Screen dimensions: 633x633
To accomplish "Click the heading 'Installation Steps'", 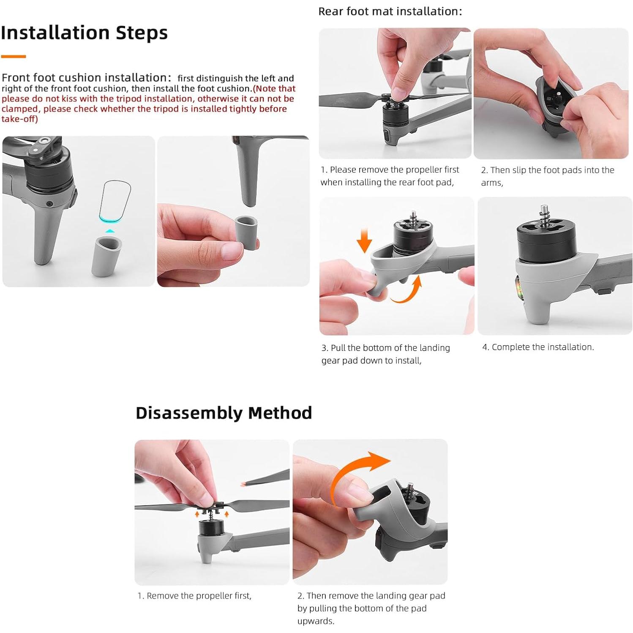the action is (x=85, y=33).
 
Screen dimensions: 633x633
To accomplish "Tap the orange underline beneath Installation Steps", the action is (x=13, y=56).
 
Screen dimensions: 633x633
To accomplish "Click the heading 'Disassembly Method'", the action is (x=224, y=413).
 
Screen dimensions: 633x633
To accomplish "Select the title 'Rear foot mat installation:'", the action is (x=390, y=11).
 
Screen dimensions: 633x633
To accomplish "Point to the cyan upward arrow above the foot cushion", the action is (x=110, y=231).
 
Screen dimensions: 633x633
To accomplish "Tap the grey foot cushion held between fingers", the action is (x=247, y=232).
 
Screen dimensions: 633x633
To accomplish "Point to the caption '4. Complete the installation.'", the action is (x=538, y=347).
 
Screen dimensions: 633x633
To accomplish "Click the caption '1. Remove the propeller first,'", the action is (x=194, y=596).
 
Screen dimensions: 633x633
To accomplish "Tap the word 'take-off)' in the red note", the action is (x=19, y=119).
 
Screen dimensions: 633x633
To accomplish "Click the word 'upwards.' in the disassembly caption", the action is (x=316, y=621).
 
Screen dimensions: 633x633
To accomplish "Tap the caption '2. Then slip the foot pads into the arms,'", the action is (x=548, y=176).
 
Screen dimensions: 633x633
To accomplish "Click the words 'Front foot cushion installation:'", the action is (x=87, y=78).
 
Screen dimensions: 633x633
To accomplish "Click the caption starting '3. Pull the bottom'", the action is (x=386, y=354).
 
